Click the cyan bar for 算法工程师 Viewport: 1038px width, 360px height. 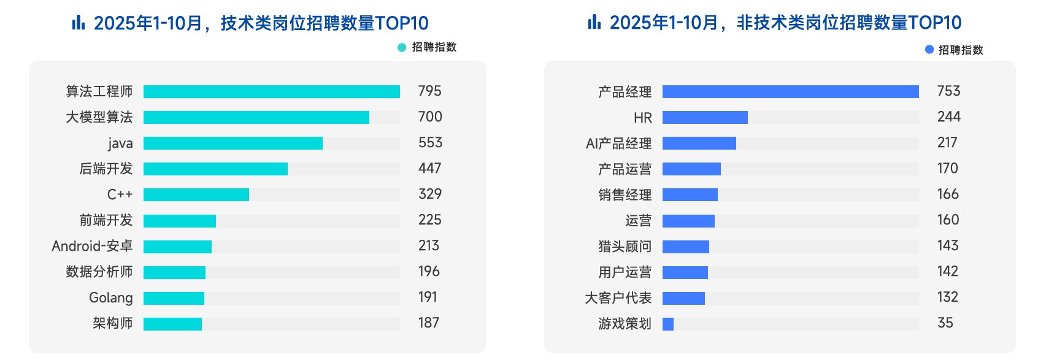[271, 91]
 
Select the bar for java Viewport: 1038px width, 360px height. [233, 143]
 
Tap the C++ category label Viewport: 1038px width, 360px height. [120, 194]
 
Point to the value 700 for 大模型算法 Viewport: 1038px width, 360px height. [429, 117]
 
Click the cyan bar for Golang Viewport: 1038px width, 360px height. [174, 298]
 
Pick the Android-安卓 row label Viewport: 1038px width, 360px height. [92, 246]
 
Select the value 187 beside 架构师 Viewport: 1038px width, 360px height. [428, 323]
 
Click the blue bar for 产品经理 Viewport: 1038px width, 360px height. [790, 91]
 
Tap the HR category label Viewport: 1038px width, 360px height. [642, 118]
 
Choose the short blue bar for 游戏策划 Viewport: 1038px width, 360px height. [668, 324]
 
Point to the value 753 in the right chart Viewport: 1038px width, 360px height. [948, 91]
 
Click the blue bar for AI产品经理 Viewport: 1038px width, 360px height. [699, 143]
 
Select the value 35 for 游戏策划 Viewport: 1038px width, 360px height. [945, 323]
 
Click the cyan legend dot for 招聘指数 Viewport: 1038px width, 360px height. [402, 47]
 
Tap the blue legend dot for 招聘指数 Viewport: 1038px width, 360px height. [929, 50]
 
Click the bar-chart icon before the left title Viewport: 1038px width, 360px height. [78, 23]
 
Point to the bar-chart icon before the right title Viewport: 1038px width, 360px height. [594, 23]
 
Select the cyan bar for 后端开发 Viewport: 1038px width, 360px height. [215, 169]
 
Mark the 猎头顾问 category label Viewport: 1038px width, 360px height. [625, 247]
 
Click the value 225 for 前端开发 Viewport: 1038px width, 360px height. [429, 220]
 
